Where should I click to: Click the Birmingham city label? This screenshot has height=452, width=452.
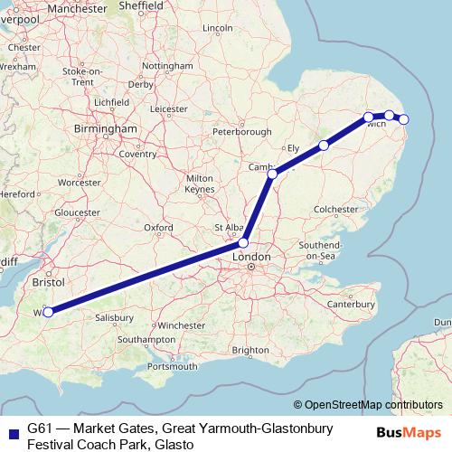(x=106, y=129)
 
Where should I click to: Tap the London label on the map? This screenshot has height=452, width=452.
(x=251, y=258)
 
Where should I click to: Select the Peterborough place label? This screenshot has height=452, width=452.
(x=241, y=132)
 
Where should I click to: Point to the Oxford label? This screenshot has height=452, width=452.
(x=157, y=227)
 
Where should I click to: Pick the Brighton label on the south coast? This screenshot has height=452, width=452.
(x=250, y=350)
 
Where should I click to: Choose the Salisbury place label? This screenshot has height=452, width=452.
(x=115, y=318)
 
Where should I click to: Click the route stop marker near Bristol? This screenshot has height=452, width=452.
(x=48, y=313)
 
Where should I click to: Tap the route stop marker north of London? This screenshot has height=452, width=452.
(x=243, y=242)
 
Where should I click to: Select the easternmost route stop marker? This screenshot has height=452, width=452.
(x=404, y=119)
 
